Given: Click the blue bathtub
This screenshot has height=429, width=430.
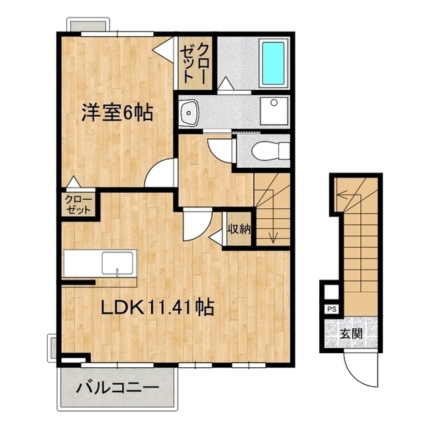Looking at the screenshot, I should click(273, 62).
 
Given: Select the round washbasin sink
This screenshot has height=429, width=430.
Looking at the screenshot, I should click(188, 110).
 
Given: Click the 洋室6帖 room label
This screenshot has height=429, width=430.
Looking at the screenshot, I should click(118, 111).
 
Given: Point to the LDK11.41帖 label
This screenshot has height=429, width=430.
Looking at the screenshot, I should click(158, 308).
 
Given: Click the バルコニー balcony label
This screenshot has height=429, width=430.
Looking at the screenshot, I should click(117, 387).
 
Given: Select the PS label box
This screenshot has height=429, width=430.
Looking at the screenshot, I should click(331, 309).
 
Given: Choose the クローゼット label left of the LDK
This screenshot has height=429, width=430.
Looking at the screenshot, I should click(78, 203).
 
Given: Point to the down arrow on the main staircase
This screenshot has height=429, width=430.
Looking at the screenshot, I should click(273, 235).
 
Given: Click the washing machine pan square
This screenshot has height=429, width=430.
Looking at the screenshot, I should click(273, 110).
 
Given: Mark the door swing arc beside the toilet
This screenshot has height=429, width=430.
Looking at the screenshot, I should click(219, 148).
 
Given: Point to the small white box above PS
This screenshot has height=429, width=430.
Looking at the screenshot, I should click(331, 293).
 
